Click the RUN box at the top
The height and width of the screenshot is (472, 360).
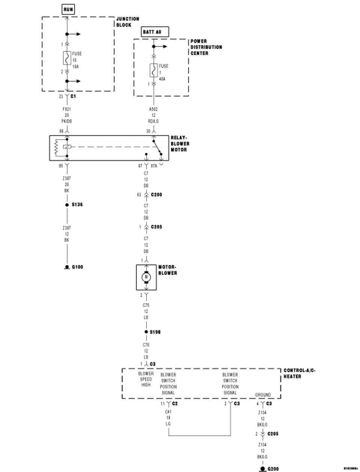(68, 9)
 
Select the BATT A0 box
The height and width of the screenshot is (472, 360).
(155, 32)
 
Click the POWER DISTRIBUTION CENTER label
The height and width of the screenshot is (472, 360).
(206, 47)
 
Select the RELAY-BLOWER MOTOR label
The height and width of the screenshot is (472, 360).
(180, 144)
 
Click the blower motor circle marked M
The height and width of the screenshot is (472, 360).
(146, 277)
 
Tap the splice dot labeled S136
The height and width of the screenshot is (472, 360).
(67, 205)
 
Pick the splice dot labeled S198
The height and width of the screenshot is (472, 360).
(146, 332)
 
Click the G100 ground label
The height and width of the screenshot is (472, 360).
(77, 267)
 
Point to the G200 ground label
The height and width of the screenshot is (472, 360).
(273, 469)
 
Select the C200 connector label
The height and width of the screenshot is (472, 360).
(156, 195)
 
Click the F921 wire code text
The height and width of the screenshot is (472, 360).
(67, 109)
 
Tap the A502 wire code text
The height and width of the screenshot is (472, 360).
(153, 109)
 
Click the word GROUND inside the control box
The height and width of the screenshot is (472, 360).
(262, 395)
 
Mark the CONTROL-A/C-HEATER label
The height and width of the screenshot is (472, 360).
(299, 373)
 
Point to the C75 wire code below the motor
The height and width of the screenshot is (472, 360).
(146, 305)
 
